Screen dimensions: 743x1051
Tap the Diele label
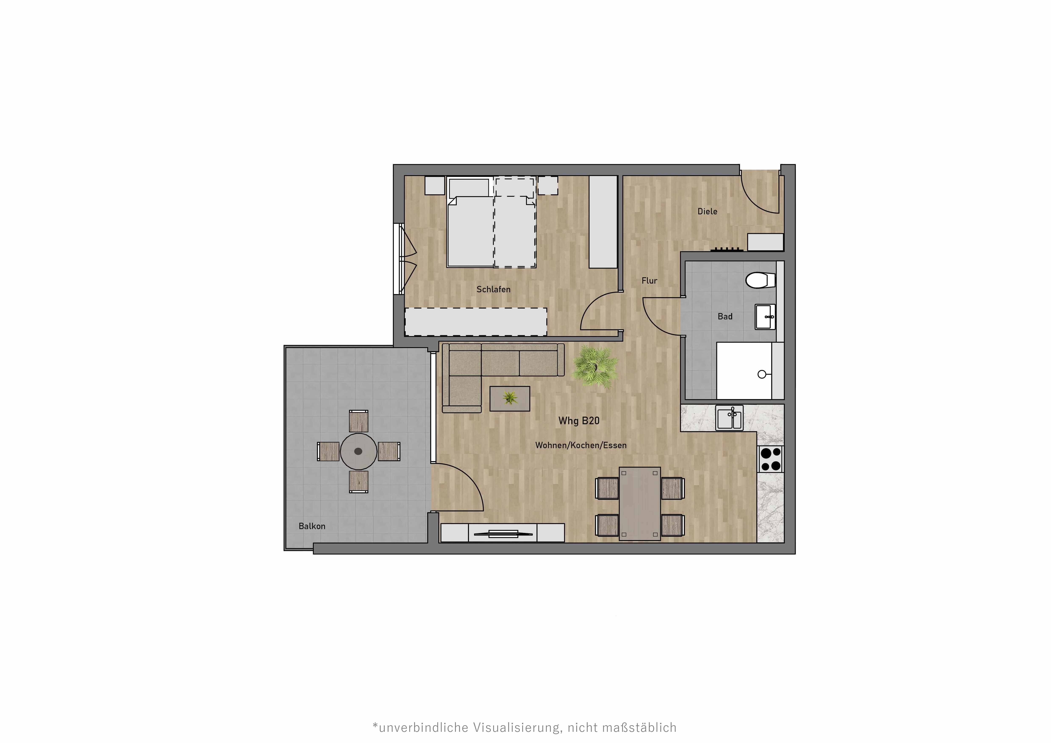click(x=707, y=211)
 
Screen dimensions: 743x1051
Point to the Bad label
click(x=725, y=317)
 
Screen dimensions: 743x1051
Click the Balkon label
click(x=312, y=526)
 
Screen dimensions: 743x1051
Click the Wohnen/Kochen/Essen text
click(x=580, y=445)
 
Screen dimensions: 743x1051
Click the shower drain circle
click(x=762, y=374)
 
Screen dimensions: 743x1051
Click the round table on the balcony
click(x=358, y=451)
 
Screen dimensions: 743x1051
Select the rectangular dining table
click(x=640, y=503)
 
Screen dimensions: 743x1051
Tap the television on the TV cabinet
click(x=503, y=533)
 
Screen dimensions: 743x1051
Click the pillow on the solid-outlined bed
click(x=469, y=188)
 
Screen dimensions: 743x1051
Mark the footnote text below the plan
click(x=525, y=728)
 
